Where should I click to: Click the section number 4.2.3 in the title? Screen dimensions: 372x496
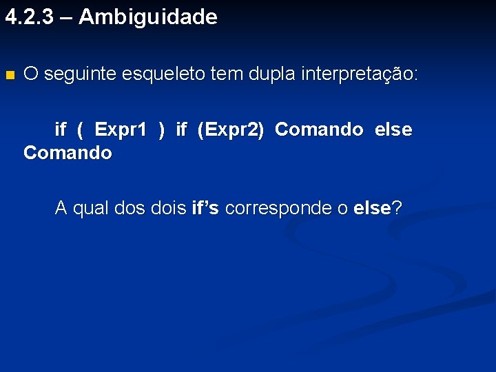click(x=29, y=17)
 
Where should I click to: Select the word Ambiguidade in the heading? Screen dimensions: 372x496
click(x=147, y=17)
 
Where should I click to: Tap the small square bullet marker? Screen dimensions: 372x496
click(x=9, y=74)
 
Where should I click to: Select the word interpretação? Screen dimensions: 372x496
click(x=359, y=74)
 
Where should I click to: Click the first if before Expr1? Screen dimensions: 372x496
click(x=61, y=130)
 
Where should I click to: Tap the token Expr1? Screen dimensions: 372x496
click(x=121, y=130)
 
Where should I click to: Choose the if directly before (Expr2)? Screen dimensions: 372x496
click(x=181, y=130)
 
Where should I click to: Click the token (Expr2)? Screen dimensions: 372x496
click(x=230, y=130)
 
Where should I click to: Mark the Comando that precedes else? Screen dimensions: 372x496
click(x=318, y=130)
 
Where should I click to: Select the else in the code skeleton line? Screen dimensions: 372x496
click(x=393, y=130)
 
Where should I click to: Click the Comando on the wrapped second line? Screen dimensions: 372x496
click(x=68, y=153)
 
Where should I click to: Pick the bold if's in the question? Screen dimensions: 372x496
click(x=205, y=208)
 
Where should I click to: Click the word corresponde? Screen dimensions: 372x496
click(x=285, y=208)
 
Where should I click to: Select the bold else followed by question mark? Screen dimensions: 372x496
click(x=371, y=208)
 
